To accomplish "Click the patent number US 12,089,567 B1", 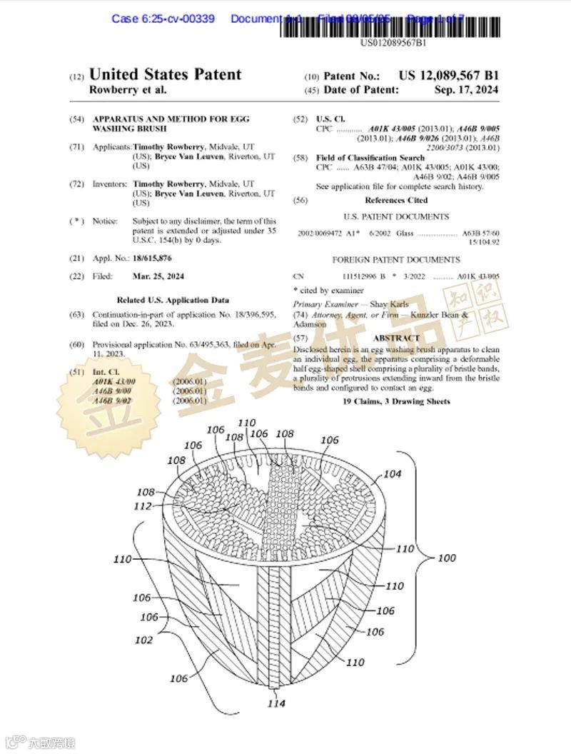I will point(448,76).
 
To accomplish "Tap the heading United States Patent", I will point(165,75).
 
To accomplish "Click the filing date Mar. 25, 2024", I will point(158,276).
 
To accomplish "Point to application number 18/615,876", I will point(152,257).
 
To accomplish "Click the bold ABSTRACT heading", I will point(396,338).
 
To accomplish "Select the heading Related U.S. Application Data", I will point(173,300).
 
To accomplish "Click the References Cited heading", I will point(396,201).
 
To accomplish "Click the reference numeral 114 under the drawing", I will point(276,703).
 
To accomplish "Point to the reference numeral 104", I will point(393,473).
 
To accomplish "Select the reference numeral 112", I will point(143,506).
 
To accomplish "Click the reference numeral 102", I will point(144,640).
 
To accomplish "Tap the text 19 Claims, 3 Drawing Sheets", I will point(396,401).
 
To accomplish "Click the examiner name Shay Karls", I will point(389,304).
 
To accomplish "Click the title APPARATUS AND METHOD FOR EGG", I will point(171,119).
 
